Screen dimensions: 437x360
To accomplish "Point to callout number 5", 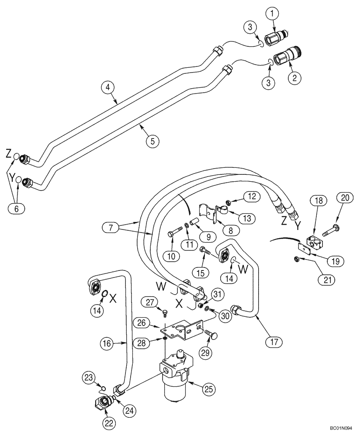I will pos(152,141).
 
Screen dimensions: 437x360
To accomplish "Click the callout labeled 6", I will pos(17,209).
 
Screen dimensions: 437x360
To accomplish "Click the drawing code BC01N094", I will pos(344,430).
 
